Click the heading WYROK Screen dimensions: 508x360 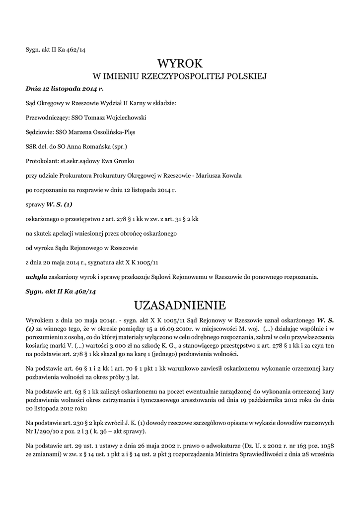click(180, 63)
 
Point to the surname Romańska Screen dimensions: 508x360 click(94, 147)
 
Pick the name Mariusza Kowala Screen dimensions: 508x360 click(218, 176)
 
